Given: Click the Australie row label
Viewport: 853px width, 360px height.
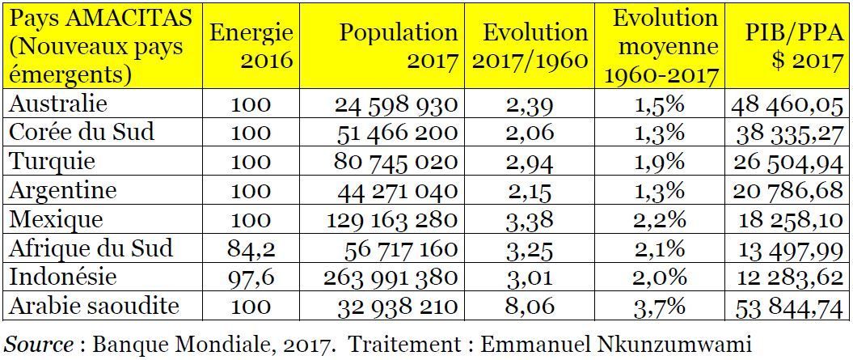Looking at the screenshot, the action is [x=59, y=104].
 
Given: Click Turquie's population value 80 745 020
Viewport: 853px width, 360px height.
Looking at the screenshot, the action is [x=396, y=162].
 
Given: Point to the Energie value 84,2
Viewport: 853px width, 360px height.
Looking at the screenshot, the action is [x=251, y=249].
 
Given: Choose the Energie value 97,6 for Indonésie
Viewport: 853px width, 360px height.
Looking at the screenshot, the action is [x=251, y=277].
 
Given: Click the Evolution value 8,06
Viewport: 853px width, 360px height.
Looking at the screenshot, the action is [x=530, y=307].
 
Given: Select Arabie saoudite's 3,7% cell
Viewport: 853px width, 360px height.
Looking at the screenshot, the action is [x=659, y=307].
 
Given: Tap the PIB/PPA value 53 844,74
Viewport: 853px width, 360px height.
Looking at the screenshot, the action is [x=789, y=307].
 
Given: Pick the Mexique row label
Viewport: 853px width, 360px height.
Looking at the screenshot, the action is [x=57, y=219].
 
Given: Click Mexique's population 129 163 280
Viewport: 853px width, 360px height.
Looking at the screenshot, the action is [x=392, y=220].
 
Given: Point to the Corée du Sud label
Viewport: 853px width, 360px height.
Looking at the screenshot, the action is [x=82, y=133].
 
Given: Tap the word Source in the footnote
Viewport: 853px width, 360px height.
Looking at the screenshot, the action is [x=39, y=345].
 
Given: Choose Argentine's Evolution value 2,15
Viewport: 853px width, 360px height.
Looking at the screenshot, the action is [x=530, y=191].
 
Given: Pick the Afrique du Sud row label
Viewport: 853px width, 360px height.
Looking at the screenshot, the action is [x=91, y=248].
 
